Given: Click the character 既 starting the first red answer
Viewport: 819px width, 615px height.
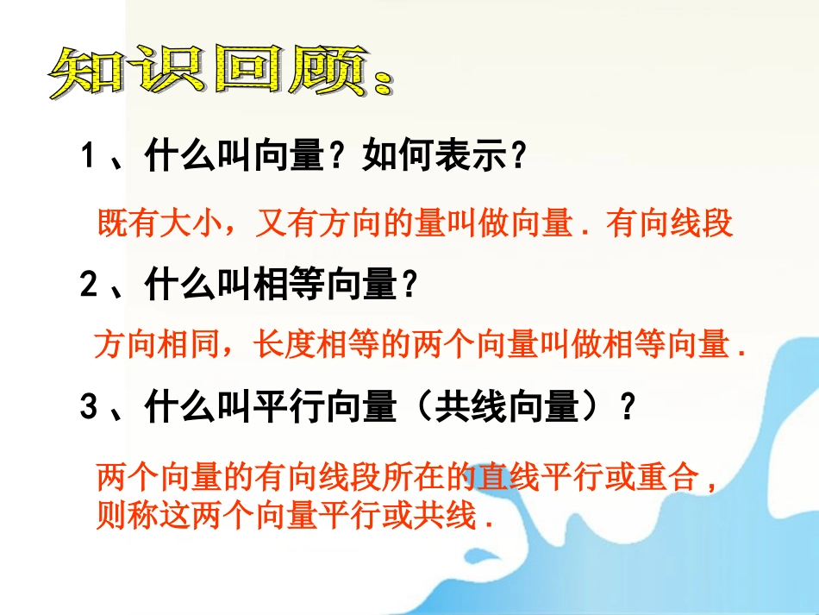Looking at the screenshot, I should [113, 224].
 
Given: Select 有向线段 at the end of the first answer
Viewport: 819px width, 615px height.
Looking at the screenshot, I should [669, 224].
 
